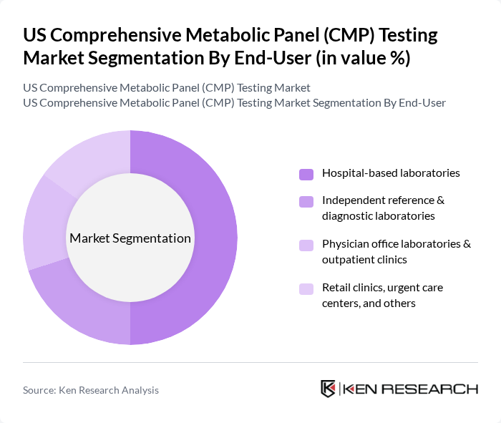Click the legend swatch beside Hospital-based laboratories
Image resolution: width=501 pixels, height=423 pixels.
pyautogui.click(x=306, y=174)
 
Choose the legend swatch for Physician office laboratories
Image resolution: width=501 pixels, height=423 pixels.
pyautogui.click(x=306, y=245)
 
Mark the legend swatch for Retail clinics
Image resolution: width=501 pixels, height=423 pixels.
pyautogui.click(x=306, y=289)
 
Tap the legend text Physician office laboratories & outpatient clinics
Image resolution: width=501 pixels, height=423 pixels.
pyautogui.click(x=396, y=251)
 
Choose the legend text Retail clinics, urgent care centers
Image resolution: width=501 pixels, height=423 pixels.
pyautogui.click(x=382, y=295)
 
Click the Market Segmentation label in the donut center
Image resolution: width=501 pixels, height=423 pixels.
pyautogui.click(x=130, y=238)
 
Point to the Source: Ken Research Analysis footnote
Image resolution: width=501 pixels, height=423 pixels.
pyautogui.click(x=91, y=390)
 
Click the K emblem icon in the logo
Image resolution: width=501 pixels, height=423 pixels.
pyautogui.click(x=328, y=389)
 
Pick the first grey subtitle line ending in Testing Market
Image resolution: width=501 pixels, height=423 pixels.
pyautogui.click(x=167, y=88)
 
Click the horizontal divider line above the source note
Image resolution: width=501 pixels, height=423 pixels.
pyautogui.click(x=250, y=363)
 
